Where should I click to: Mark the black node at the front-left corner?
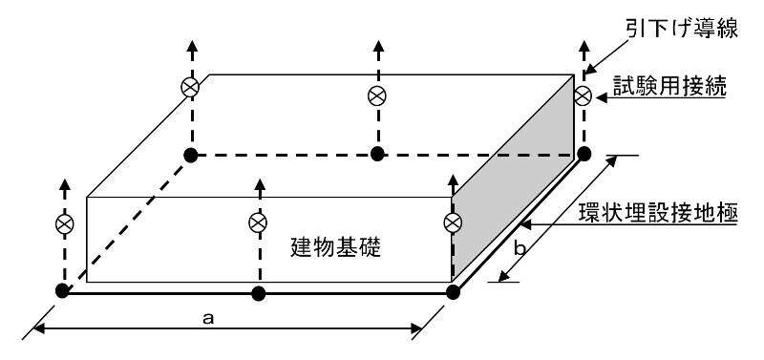[x=63, y=291]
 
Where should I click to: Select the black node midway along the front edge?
[x=257, y=292]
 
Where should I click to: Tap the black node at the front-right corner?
[x=454, y=291]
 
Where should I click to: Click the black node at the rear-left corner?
[x=191, y=154]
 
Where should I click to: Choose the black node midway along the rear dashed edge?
[x=378, y=154]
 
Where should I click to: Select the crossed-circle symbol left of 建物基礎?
[x=257, y=222]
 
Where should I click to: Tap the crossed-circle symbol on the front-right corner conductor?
[x=453, y=222]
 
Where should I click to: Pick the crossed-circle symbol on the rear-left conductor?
[x=191, y=87]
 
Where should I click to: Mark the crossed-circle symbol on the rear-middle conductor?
[x=378, y=95]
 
